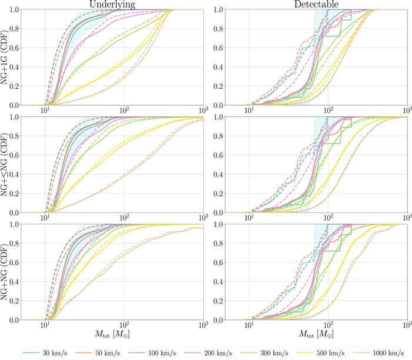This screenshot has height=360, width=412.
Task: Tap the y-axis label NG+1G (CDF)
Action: pos(7,58)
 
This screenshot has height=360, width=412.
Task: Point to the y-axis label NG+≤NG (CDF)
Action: pos(7,165)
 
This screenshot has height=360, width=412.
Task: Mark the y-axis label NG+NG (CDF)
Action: pos(7,272)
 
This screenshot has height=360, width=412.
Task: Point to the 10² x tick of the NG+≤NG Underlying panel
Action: pos(124,218)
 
